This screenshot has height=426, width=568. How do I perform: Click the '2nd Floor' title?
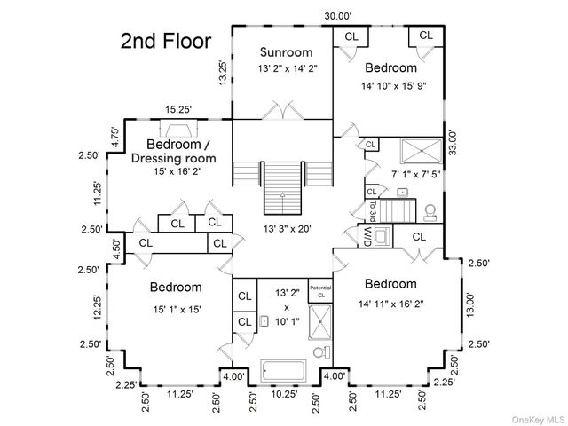click(166, 41)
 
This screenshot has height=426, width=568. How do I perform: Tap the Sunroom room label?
click(286, 52)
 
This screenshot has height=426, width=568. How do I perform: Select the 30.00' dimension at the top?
click(338, 16)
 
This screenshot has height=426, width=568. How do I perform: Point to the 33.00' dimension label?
click(453, 142)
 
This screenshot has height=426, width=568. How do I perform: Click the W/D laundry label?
click(367, 236)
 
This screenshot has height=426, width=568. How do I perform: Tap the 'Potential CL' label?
click(320, 291)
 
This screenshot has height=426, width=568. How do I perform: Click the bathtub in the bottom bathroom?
click(283, 370)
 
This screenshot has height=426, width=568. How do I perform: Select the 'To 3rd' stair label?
click(373, 211)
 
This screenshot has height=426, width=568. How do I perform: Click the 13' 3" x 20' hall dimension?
click(288, 229)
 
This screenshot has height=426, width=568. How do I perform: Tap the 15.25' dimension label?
click(178, 109)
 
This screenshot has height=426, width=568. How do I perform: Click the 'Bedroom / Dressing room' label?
click(174, 151)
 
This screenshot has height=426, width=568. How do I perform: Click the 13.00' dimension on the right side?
click(469, 305)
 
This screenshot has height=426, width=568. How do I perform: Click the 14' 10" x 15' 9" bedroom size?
click(393, 86)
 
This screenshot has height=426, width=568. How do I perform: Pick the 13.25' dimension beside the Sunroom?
click(223, 73)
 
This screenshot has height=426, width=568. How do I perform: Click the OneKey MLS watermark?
click(538, 420)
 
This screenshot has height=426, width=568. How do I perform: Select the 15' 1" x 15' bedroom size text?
click(177, 310)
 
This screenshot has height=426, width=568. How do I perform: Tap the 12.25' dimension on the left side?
click(98, 307)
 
